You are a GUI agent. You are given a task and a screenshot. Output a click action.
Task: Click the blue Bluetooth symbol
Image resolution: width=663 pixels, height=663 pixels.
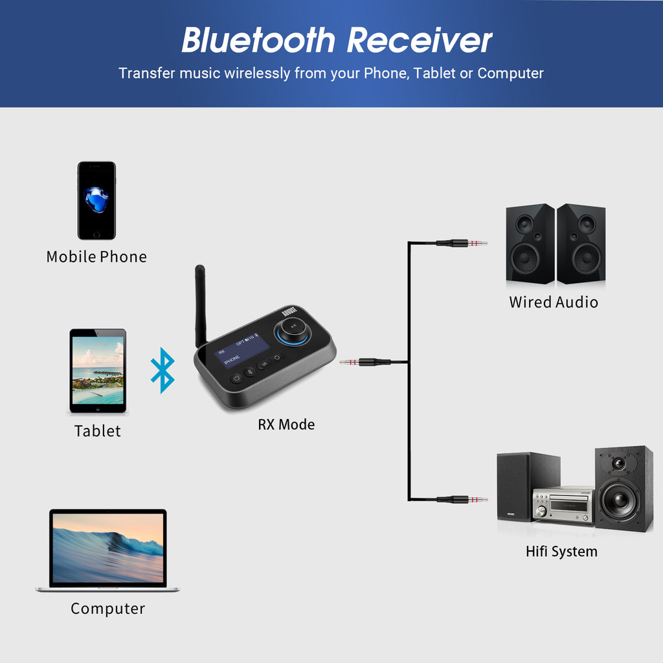point(163,370)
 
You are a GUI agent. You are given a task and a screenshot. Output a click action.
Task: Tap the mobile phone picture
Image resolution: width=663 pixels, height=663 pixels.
point(96,201)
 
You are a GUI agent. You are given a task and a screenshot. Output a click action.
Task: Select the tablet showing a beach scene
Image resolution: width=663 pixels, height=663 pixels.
point(98,371)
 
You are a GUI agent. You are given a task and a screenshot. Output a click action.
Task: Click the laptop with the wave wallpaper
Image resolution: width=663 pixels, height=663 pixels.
point(107,550)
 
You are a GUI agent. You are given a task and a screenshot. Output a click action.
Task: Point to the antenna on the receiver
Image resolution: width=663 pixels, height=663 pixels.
point(201,304)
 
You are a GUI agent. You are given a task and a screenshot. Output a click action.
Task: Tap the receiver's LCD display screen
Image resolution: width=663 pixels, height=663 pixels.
point(243,355)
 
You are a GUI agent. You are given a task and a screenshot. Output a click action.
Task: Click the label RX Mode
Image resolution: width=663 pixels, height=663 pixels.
point(286,425)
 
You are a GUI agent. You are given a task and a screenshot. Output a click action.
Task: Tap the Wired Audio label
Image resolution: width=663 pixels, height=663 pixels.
point(553,302)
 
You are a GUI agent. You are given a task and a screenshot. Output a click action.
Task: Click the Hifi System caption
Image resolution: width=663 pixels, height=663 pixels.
point(561,552)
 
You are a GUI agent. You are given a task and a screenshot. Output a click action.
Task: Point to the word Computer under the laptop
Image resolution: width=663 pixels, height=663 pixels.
point(107,609)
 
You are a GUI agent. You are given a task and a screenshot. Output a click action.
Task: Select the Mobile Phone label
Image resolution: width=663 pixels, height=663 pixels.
point(96,257)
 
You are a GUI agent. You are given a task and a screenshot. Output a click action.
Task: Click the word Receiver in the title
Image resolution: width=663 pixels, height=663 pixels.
point(420,41)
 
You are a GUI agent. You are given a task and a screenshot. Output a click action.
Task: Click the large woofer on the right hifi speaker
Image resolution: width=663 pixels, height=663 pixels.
point(620,502)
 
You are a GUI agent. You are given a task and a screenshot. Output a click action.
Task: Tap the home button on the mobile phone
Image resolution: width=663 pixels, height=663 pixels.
point(96,234)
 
